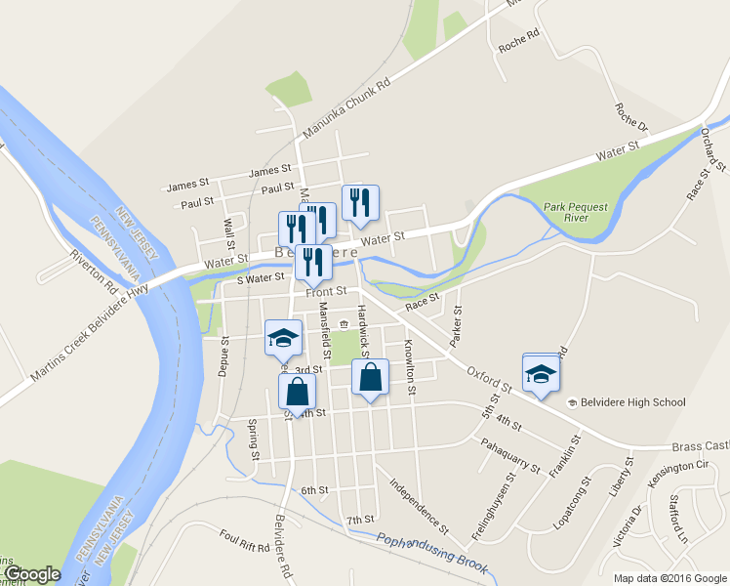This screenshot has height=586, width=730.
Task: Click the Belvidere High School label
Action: pyautogui.click(x=633, y=402)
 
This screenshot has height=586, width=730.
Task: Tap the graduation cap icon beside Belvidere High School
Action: pyautogui.click(x=541, y=374)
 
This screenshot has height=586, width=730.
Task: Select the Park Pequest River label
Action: pyautogui.click(x=581, y=213)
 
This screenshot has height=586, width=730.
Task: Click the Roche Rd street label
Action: pyautogui.click(x=519, y=36)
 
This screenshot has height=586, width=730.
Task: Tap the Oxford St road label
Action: pyautogui.click(x=489, y=378)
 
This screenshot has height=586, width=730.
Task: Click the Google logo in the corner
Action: pyautogui.click(x=31, y=574)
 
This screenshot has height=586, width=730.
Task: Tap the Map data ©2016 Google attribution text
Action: pyautogui.click(x=669, y=578)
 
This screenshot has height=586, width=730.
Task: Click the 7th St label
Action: pyautogui.click(x=360, y=520)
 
